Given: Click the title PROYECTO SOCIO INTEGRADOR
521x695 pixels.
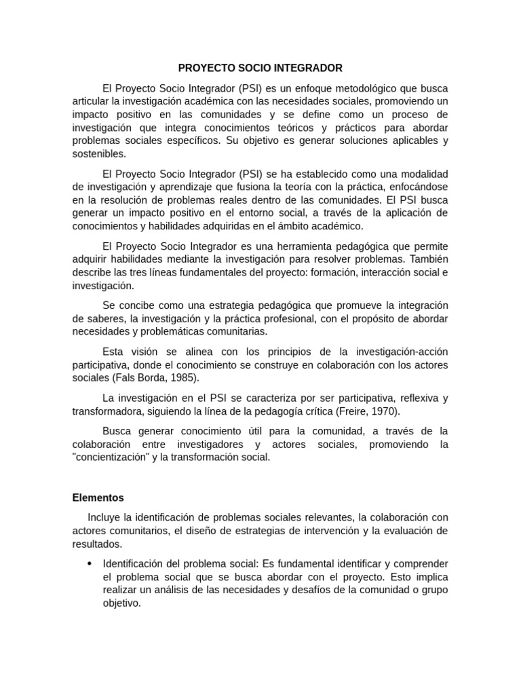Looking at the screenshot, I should click(x=260, y=68).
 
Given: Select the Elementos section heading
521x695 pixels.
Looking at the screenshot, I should click(x=98, y=497).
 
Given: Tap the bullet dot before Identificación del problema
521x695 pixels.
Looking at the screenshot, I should click(x=90, y=565).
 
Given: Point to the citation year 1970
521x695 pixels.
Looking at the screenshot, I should click(x=385, y=411).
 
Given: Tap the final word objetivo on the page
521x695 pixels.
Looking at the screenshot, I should click(x=121, y=603).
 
